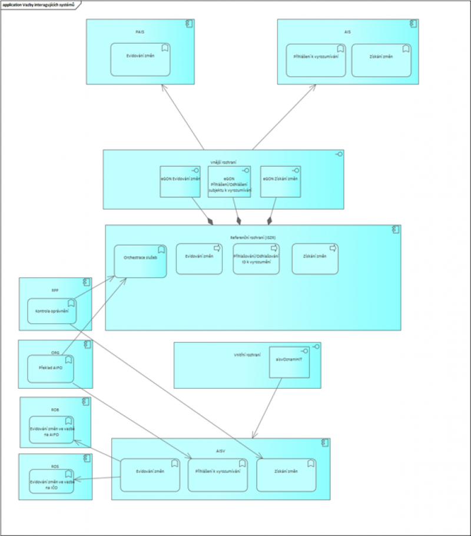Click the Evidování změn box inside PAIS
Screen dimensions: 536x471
coord(140,59)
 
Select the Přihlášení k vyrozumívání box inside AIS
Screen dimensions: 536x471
coord(316,60)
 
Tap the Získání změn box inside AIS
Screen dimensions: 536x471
coord(380,60)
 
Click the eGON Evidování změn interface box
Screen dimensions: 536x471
coord(180,181)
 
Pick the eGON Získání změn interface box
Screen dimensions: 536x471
coord(280,181)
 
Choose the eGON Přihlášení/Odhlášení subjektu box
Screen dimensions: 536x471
coord(230,181)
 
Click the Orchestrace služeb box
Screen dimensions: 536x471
coord(140,260)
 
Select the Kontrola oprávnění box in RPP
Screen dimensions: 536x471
coord(52,311)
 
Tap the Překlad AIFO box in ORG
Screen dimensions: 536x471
coord(52,369)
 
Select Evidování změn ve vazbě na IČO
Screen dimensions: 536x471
coord(52,481)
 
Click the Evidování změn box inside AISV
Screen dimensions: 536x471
coord(150,475)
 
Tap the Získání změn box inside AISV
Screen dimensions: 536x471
coord(286,475)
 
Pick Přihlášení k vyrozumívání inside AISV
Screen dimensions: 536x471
coord(217,475)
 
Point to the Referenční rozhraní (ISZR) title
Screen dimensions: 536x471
coord(253,237)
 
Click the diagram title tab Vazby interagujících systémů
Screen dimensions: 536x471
coord(41,4)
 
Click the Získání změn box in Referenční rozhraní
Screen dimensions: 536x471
coord(315,259)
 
